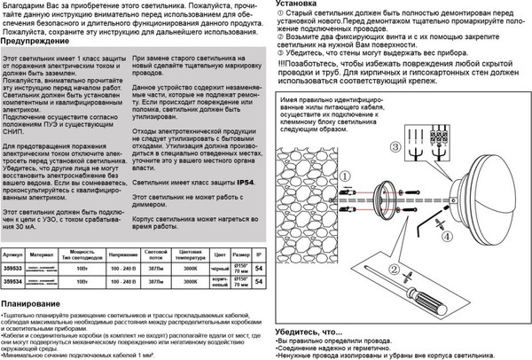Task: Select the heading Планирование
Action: pyautogui.click(x=33, y=304)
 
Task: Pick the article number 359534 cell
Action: pyautogui.click(x=14, y=280)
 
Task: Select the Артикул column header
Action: pyautogui.click(x=14, y=254)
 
